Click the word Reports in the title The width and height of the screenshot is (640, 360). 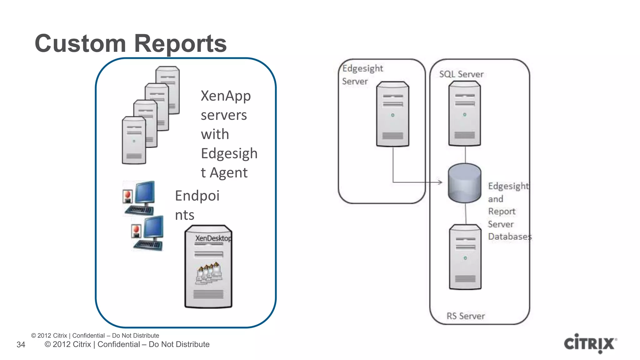(180, 43)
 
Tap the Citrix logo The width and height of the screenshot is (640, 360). (590, 343)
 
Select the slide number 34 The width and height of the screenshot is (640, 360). (21, 345)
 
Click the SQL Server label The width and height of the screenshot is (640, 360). (461, 74)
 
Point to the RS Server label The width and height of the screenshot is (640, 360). (466, 316)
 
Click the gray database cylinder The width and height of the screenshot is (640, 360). (464, 183)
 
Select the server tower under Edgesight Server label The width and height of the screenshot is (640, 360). (393, 114)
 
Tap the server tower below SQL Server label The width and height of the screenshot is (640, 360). (465, 114)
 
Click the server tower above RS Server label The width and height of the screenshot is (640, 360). (465, 257)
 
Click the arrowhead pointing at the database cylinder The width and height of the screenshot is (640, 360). (440, 182)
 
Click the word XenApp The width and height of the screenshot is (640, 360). (226, 96)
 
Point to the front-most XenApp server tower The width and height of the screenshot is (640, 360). (134, 140)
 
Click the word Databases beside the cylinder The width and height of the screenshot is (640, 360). (510, 237)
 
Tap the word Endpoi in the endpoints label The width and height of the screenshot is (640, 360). (197, 196)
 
